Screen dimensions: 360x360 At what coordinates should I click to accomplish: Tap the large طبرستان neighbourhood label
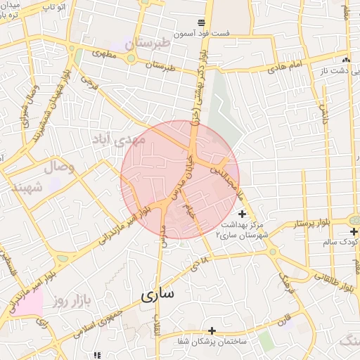pos(148,44)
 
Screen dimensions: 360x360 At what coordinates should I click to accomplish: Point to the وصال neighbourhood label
pos(59,167)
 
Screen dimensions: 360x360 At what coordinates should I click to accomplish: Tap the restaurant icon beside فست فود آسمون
pos(202,22)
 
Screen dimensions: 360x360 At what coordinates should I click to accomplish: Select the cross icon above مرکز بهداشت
pos(243,214)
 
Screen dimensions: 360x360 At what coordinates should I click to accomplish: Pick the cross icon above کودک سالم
pos(354,231)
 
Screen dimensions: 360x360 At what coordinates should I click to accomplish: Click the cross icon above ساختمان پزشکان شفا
pos(212,330)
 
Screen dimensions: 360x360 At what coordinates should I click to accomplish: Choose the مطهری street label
pos(101,54)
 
